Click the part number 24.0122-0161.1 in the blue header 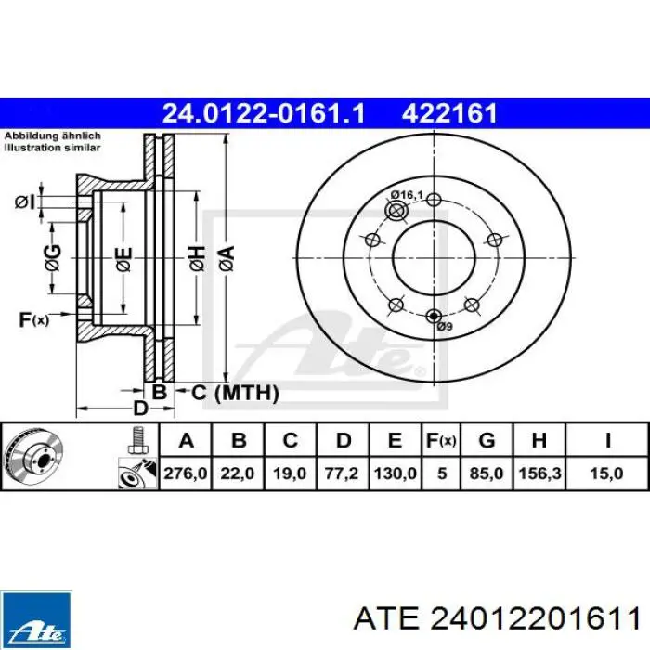tap(264, 113)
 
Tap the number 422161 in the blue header tap(449, 113)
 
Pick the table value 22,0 tap(238, 473)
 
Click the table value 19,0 tap(290, 473)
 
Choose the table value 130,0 tap(394, 473)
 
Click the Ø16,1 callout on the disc tap(407, 194)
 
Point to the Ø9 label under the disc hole tap(444, 327)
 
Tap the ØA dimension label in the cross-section tap(226, 258)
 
